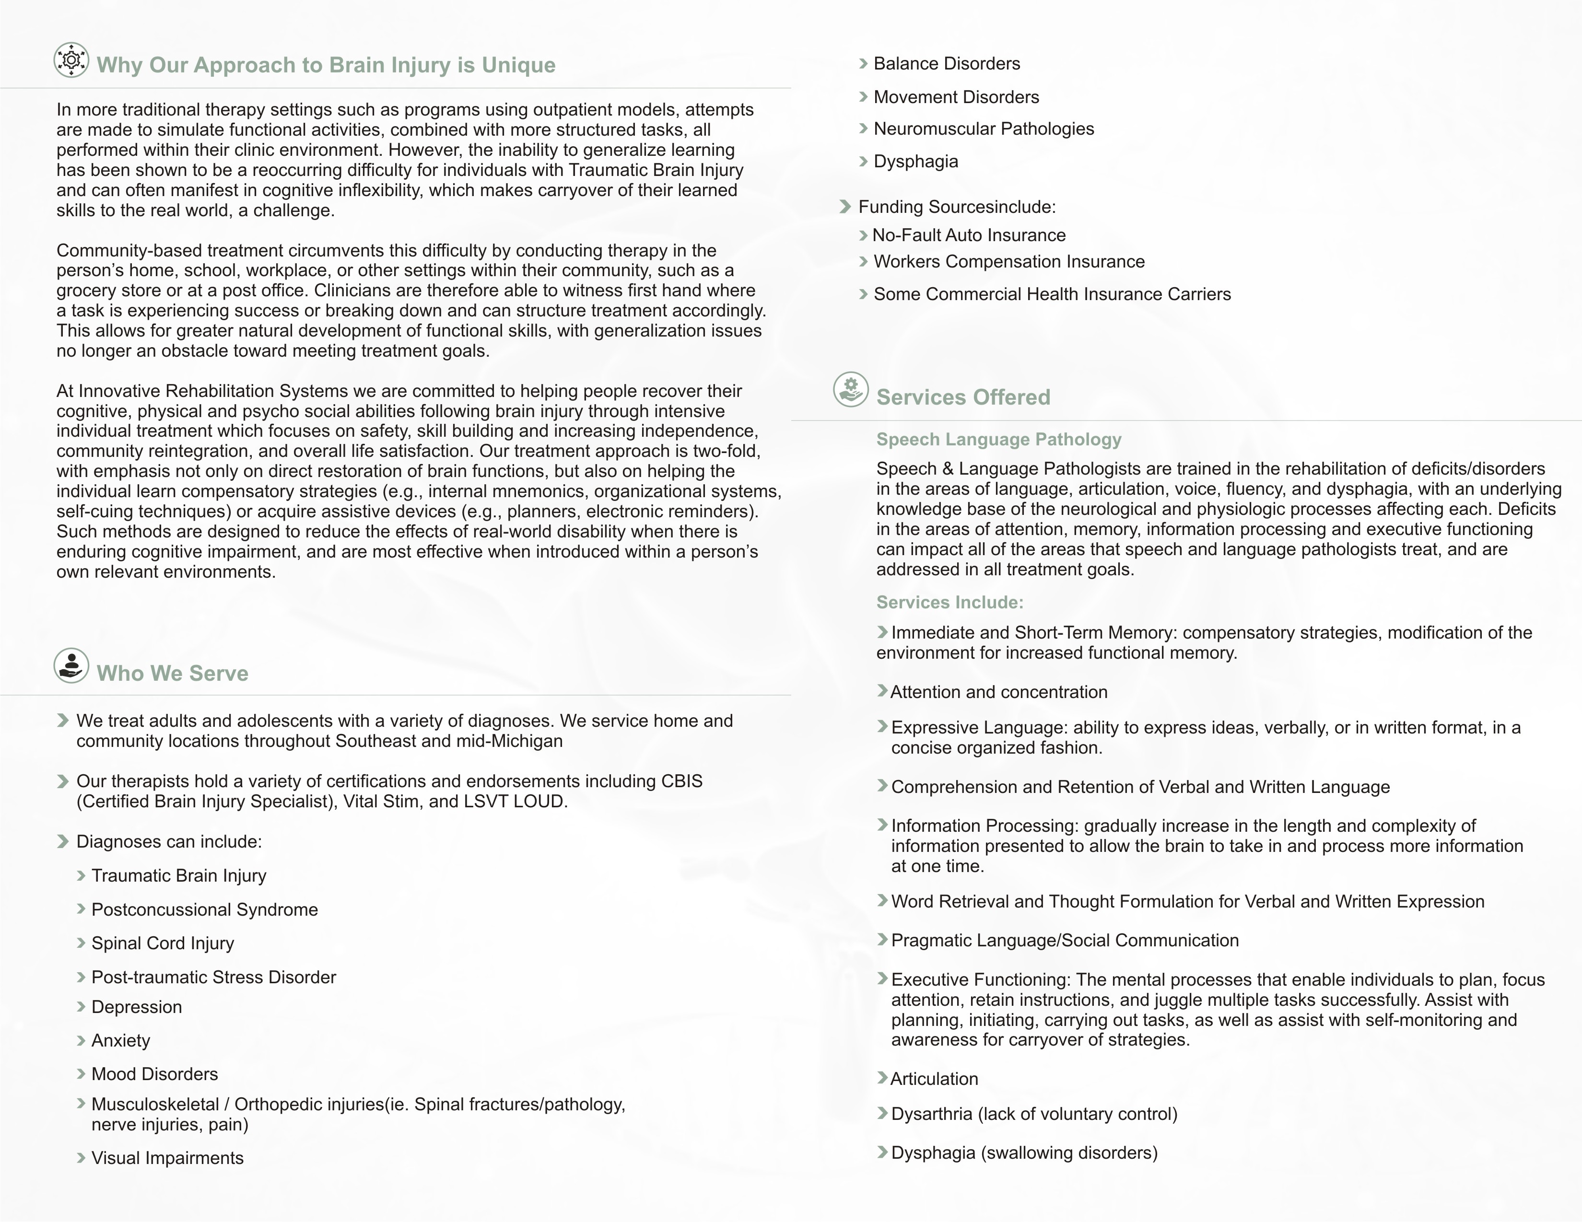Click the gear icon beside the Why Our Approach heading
point(71,60)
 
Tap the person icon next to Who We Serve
point(71,665)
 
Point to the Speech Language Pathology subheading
point(998,440)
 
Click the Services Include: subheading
point(949,603)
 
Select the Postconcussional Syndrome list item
point(204,910)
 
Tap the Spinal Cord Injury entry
point(162,943)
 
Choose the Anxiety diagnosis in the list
point(120,1041)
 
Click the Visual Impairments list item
point(167,1158)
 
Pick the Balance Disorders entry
point(946,64)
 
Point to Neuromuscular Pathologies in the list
point(983,129)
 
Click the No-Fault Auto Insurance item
point(969,235)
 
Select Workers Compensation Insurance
point(1008,261)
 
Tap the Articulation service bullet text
point(934,1079)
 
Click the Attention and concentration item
point(998,692)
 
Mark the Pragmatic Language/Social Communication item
point(1064,941)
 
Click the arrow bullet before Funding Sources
point(844,207)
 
